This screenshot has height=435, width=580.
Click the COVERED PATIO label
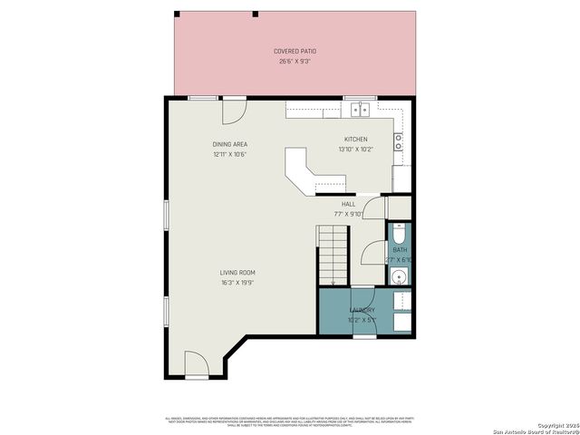[x=295, y=51]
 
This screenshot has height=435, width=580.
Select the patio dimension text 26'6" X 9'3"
[x=295, y=61]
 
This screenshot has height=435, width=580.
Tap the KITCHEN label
[x=355, y=140]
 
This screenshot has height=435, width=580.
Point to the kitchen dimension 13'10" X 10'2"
[x=355, y=149]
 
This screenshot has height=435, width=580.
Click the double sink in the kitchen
[x=359, y=110]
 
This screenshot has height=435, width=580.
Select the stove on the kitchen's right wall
[x=398, y=141]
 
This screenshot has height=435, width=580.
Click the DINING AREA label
[x=229, y=144]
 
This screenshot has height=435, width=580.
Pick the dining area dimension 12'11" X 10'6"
[x=229, y=154]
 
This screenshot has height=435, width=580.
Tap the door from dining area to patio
[x=233, y=110]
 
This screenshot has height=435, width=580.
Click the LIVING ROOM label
[x=237, y=273]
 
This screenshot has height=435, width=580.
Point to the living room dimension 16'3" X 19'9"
[x=237, y=283]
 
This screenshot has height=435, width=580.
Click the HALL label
[x=348, y=205]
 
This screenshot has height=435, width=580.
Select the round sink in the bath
[x=400, y=275]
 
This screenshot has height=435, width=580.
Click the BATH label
[x=400, y=249]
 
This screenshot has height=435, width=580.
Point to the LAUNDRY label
[x=362, y=310]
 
